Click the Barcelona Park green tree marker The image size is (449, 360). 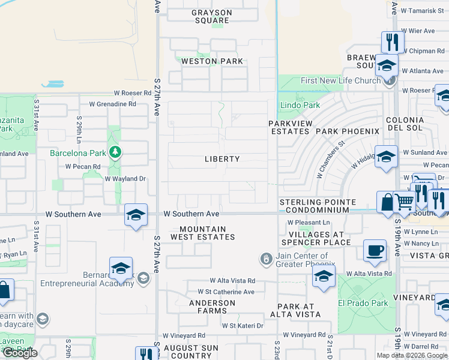pos(114,152)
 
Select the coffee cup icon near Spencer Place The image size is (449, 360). pos(375,250)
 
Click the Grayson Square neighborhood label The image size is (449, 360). pos(211,16)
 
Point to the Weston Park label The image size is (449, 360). pos(212,61)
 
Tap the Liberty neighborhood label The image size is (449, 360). pos(222,159)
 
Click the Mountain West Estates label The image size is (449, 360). pos(203,233)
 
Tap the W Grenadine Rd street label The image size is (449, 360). pos(112,103)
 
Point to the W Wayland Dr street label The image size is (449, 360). pos(125,178)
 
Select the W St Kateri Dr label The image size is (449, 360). pos(243,325)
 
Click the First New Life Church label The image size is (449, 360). pos(340,80)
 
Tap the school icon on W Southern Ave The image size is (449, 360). pos(136,215)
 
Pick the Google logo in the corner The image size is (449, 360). pos(19,353)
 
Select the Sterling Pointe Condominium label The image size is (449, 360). pos(317,206)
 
